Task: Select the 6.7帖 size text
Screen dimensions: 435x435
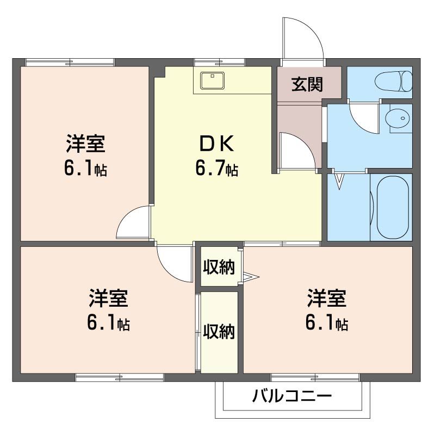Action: coord(216,170)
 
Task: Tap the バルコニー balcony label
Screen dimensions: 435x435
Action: coord(291,395)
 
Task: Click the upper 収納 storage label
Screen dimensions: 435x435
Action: coord(219,267)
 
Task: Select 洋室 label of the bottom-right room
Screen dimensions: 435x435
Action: coord(326,299)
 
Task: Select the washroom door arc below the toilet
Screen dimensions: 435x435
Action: coord(361,114)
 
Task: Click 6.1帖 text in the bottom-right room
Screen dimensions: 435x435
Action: coord(326,324)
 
